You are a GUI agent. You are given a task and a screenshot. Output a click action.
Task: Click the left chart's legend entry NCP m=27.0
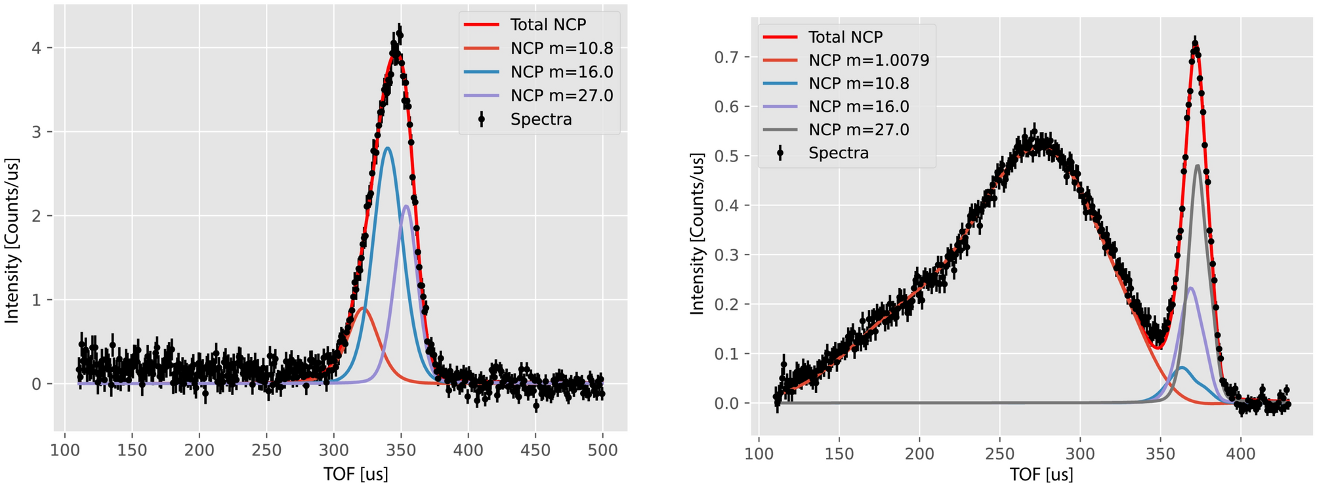tap(561, 96)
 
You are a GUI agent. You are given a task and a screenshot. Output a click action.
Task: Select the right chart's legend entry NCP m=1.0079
tap(868, 60)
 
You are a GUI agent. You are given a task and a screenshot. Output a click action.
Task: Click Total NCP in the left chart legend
tap(548, 25)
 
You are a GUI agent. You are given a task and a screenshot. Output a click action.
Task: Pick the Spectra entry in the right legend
tap(838, 153)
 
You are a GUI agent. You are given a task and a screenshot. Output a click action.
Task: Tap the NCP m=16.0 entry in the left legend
tap(561, 72)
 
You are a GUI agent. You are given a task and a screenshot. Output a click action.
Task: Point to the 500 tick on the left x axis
tap(603, 450)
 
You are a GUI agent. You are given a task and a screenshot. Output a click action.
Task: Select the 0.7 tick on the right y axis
tap(727, 57)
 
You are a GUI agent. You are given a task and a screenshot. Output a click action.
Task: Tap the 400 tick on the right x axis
tap(1240, 454)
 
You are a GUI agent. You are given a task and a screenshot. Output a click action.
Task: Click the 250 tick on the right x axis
tap(999, 454)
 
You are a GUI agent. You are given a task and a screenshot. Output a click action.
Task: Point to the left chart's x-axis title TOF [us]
tap(355, 474)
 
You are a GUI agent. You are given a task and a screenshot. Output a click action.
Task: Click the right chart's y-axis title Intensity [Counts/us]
tap(697, 234)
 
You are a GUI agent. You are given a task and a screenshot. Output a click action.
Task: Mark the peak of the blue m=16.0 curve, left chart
tap(388, 148)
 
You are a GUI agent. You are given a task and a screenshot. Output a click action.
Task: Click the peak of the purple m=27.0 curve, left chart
tap(407, 206)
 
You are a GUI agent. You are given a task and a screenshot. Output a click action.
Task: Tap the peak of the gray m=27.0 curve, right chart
tap(1198, 165)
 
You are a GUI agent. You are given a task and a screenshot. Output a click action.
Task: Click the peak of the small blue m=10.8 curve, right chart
tap(1182, 368)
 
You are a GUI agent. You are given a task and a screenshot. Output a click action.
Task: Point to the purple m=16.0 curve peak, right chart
tap(1190, 287)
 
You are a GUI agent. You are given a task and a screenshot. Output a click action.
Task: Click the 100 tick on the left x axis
tap(64, 450)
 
